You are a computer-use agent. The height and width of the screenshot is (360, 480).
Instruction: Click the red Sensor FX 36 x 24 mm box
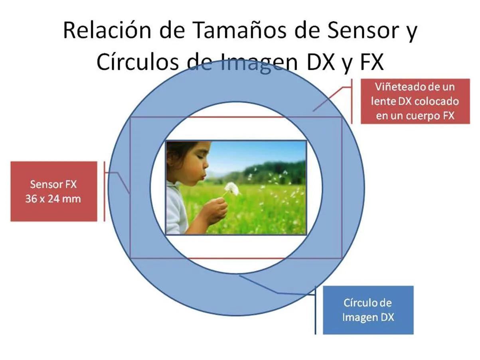tap(53, 191)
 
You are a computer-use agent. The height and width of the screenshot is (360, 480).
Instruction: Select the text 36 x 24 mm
tap(53, 199)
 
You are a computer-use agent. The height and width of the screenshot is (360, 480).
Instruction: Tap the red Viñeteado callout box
tap(415, 101)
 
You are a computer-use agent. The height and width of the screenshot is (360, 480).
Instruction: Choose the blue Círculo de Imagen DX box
tap(368, 310)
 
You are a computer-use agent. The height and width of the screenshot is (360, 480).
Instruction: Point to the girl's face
tap(197, 163)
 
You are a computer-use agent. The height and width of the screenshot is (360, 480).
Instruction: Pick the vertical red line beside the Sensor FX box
tap(104, 191)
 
